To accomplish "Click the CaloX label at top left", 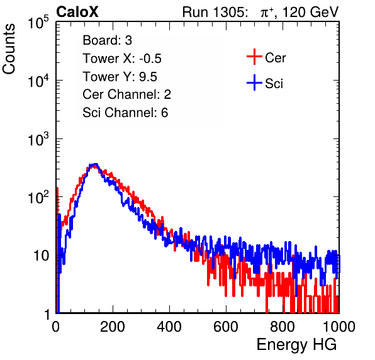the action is coord(77,12).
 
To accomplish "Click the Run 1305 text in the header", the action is coord(215,12).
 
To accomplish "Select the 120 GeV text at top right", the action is coord(310,12).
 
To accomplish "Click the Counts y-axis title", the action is coord(9,49).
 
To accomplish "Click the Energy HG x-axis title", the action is coord(297,345).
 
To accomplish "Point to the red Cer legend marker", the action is coord(254,57).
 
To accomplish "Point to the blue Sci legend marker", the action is coord(254,83).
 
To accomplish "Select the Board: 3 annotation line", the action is coord(107,40).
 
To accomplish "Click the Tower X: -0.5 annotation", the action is coord(122,59).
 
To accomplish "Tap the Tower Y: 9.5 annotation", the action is coord(120,77).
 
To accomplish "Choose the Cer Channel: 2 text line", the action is coord(126,94).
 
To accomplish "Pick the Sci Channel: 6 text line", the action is coord(125,113).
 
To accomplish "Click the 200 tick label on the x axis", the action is coord(113,327).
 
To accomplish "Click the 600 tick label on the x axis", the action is coord(226,327).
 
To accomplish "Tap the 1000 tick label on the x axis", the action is coord(339,327).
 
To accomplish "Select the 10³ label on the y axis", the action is coord(38,139).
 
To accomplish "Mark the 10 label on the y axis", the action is coord(41,256).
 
